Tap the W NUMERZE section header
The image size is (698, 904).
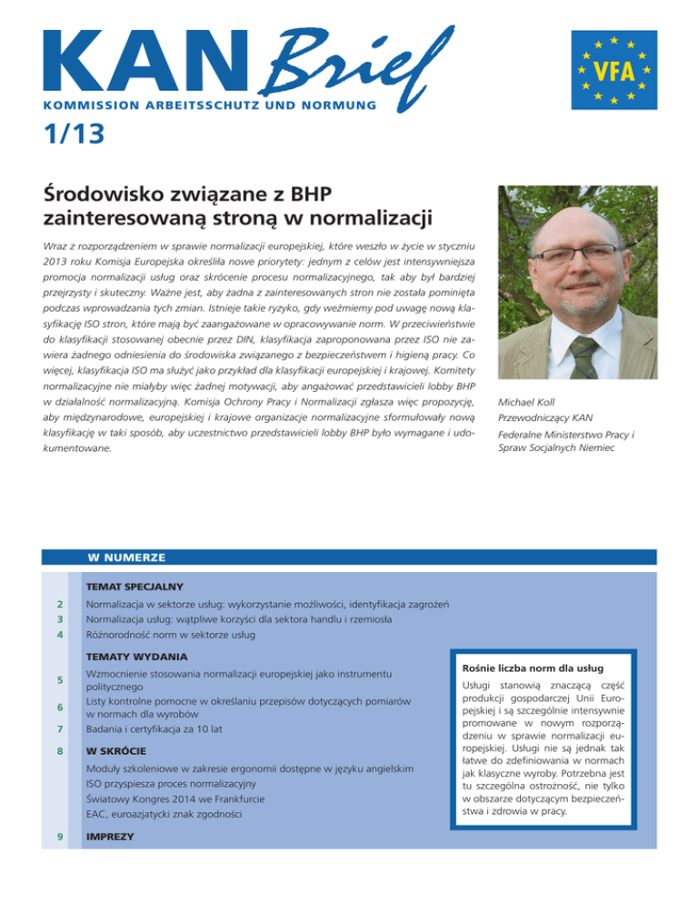tap(119, 556)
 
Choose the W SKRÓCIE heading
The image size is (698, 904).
tap(115, 752)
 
